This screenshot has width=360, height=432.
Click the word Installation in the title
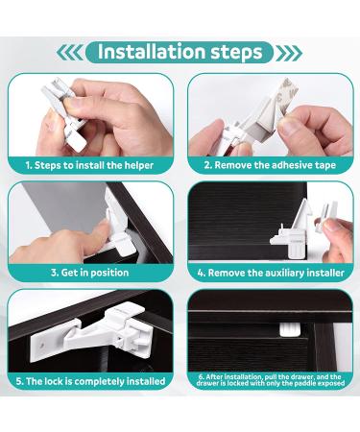pyautogui.click(x=151, y=51)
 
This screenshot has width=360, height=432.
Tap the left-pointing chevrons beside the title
pyautogui.click(x=70, y=53)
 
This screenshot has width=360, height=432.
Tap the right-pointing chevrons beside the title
pyautogui.click(x=289, y=53)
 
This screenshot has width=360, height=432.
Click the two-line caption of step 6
pyautogui.click(x=271, y=380)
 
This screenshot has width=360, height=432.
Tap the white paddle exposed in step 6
pyautogui.click(x=290, y=329)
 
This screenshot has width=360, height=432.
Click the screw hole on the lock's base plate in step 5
pyautogui.click(x=41, y=346)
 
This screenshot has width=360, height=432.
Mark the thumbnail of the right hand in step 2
pyautogui.click(x=291, y=127)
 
